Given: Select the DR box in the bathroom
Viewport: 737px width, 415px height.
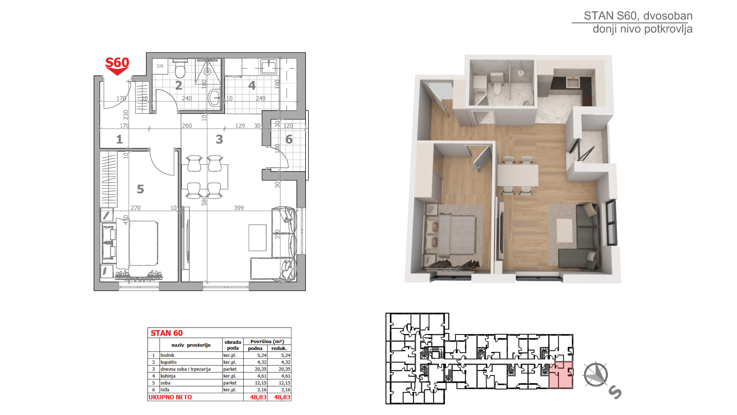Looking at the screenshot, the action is tap(160, 66).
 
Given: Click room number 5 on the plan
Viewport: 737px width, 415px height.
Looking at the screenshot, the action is tap(140, 189).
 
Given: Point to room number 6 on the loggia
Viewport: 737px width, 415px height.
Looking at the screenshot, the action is tap(289, 139).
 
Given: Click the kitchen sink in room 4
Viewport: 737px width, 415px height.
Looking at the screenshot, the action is tap(269, 67).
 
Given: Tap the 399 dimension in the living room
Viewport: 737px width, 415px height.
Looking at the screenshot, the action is tap(239, 208).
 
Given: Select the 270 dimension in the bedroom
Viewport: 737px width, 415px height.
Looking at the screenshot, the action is tap(136, 208).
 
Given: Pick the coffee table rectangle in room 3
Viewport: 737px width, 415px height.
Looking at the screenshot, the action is tap(258, 238).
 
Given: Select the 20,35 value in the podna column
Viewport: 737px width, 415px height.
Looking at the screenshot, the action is tap(261, 369).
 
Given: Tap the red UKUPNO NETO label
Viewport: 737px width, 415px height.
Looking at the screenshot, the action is tap(170, 397).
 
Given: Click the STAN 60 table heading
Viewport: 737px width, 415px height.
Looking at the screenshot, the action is tap(167, 333).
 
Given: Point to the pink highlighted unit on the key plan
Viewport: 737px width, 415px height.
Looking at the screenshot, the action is tap(561, 375).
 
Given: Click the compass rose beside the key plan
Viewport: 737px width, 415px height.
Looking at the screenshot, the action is tap(596, 375).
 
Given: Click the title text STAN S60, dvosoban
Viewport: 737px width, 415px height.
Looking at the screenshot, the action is tap(638, 16).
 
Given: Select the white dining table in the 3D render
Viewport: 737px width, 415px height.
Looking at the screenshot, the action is tap(518, 175).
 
